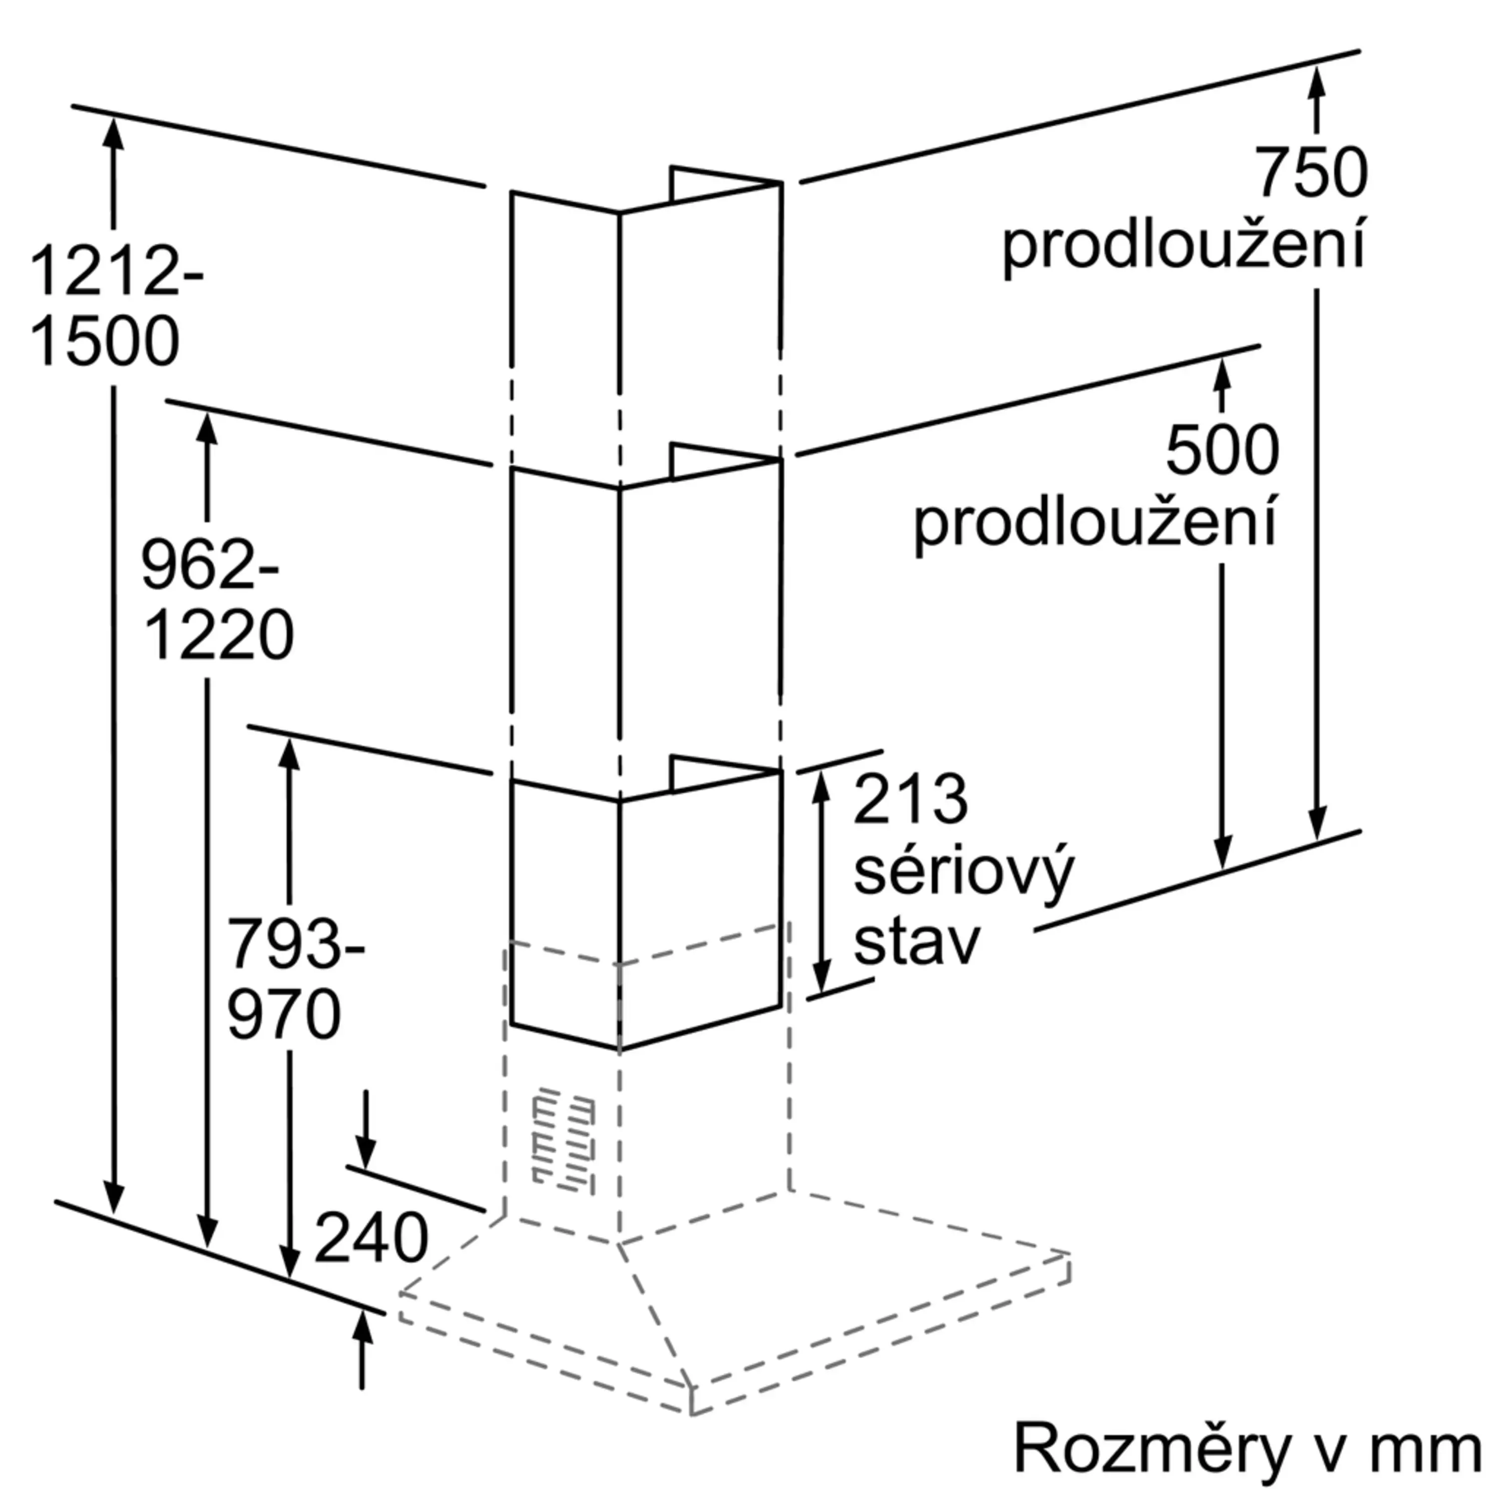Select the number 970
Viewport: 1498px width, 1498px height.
coord(284,1014)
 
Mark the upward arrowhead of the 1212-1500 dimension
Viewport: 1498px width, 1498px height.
coord(114,133)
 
